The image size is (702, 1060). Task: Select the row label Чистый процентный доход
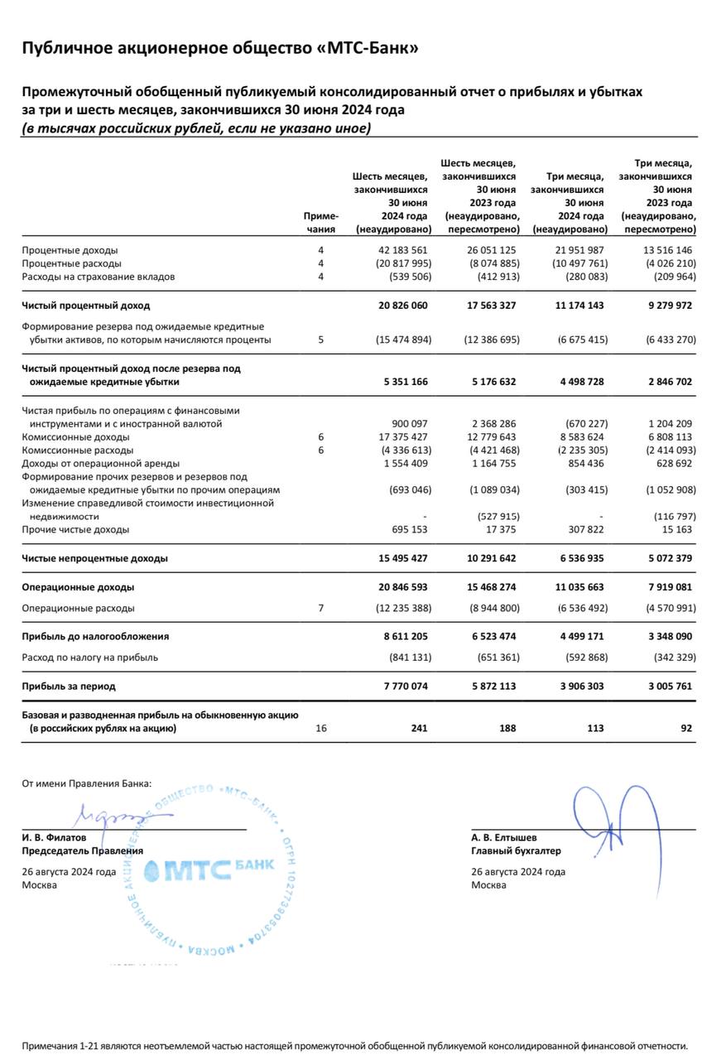pos(86,306)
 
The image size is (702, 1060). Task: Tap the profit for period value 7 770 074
pos(402,687)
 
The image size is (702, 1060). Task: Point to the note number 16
pos(321,729)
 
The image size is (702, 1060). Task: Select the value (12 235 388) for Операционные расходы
pos(399,608)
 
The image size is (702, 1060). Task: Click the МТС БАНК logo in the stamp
pos(208,869)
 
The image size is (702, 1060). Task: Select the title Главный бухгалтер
pos(516,850)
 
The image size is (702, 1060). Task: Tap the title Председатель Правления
pos(82,850)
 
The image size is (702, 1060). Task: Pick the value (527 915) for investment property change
pos(492,516)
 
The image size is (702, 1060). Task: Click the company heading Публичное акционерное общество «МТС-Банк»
pos(219,48)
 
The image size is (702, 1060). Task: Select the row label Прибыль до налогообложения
pos(95,637)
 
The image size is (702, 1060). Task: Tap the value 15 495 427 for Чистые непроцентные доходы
pos(402,558)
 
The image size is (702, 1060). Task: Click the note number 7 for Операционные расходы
pos(321,608)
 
